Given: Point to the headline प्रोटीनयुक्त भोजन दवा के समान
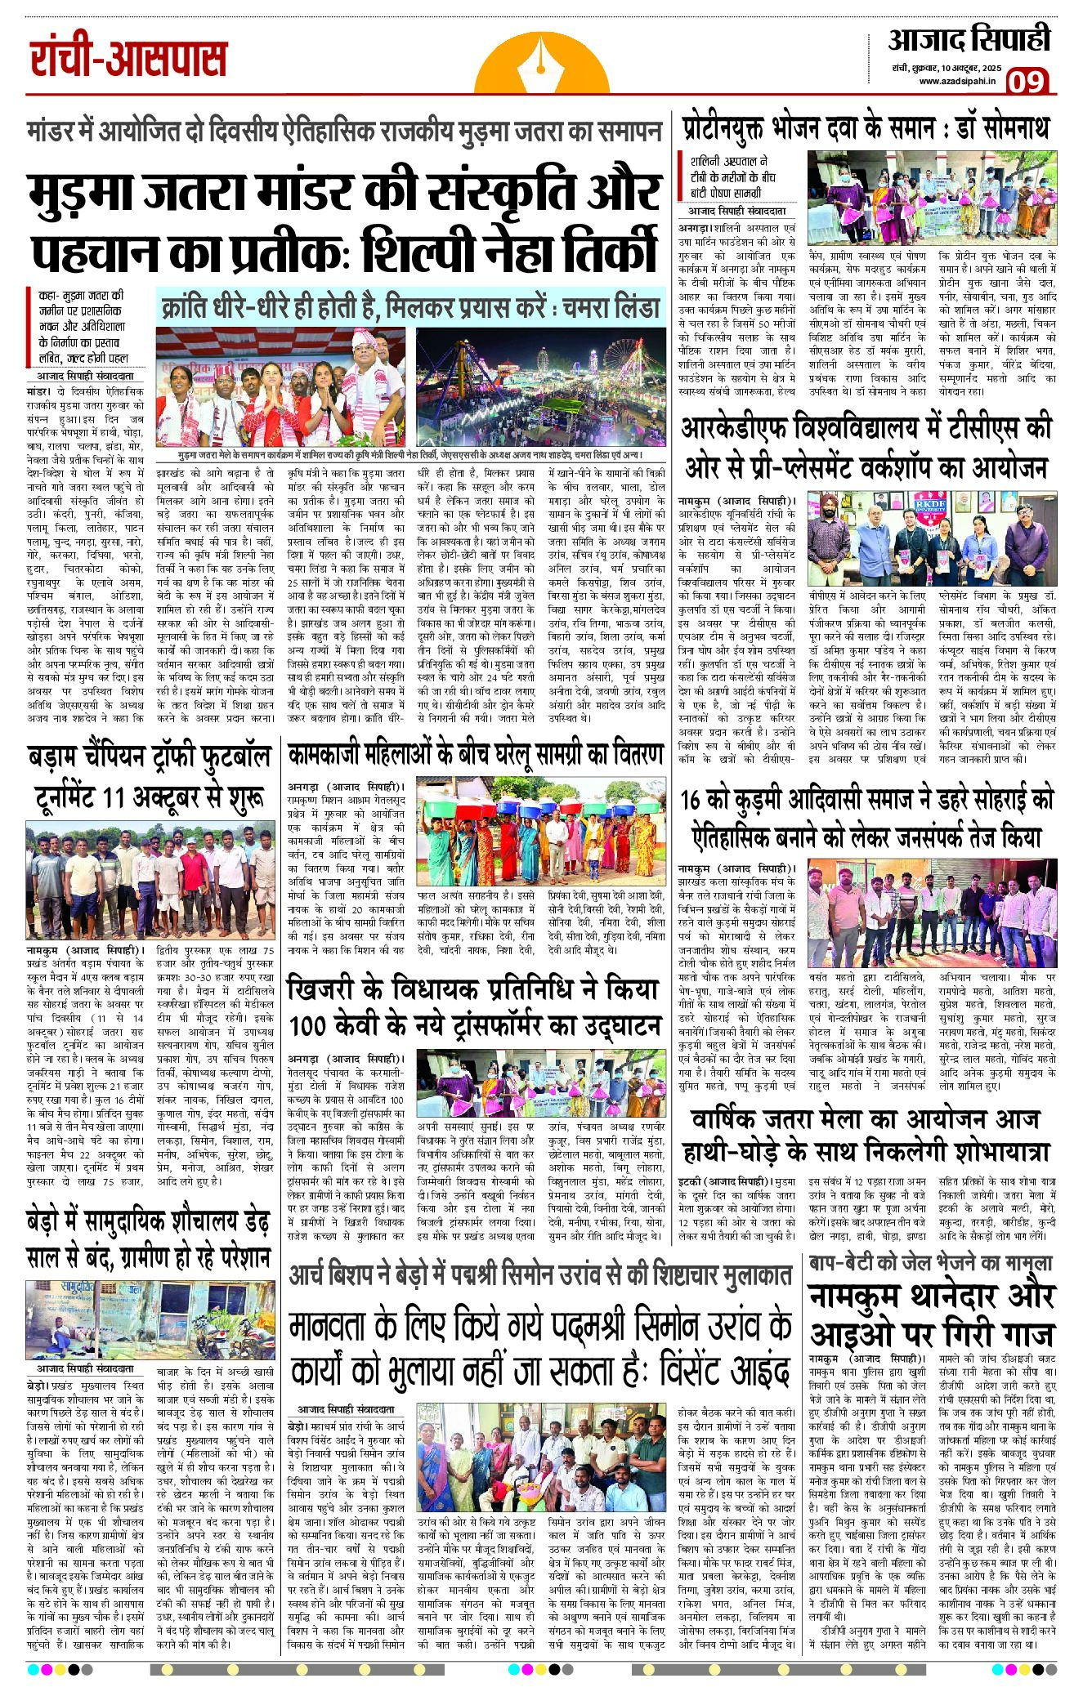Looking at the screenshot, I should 866,130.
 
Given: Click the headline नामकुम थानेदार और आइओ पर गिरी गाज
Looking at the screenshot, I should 932,1316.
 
